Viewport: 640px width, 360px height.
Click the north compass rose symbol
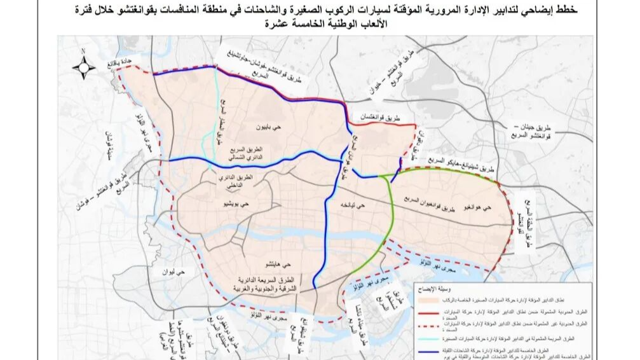pos(83,66)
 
